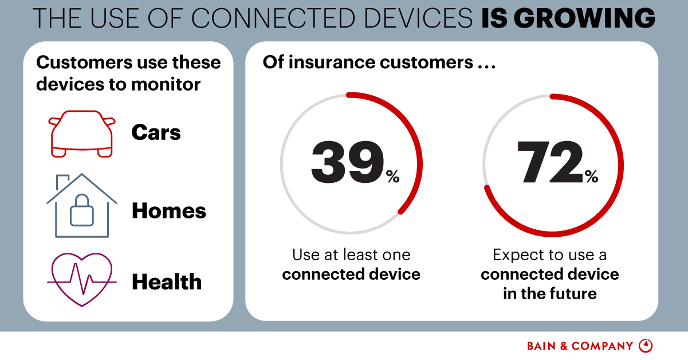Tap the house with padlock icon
(x=81, y=207)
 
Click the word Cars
(x=156, y=133)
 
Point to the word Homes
(x=169, y=211)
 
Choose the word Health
(x=167, y=282)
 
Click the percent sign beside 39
(x=392, y=178)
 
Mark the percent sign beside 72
(x=591, y=177)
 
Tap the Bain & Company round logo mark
(x=646, y=346)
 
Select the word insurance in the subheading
(x=332, y=62)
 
